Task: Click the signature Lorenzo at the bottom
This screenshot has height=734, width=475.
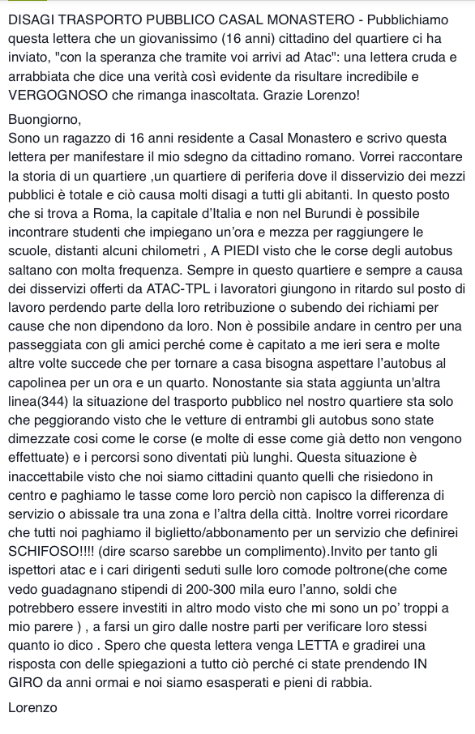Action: (32, 708)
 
